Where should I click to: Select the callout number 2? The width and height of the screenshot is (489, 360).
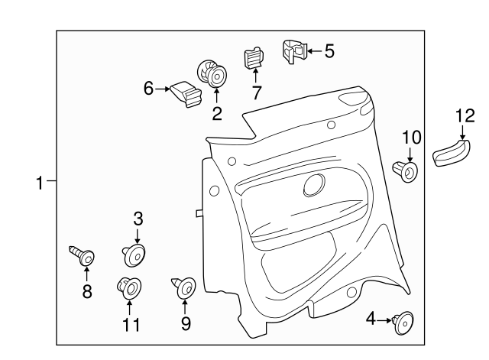point(217,114)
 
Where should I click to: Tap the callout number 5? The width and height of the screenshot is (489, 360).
point(329,51)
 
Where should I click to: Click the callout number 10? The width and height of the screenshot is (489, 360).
point(412,138)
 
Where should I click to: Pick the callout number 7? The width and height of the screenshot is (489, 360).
point(257,93)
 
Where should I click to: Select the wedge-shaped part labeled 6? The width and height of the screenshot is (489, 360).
point(186,95)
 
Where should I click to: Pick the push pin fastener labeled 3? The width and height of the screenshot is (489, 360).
point(135,253)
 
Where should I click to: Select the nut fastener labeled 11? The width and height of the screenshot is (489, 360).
point(128,288)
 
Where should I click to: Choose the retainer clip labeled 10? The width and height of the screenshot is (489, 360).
point(406,170)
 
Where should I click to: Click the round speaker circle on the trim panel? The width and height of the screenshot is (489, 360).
point(313,185)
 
